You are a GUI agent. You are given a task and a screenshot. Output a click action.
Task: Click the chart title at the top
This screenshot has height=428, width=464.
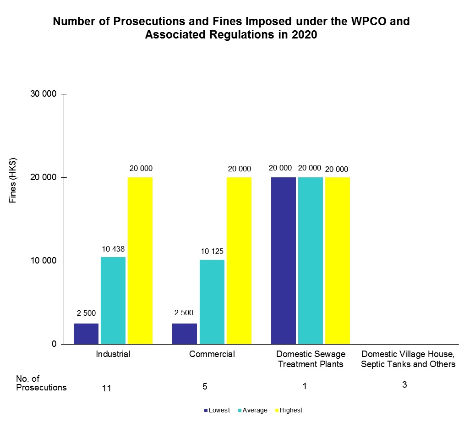pyautogui.click(x=231, y=28)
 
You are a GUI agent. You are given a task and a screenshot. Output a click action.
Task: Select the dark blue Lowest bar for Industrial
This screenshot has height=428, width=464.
pyautogui.click(x=86, y=334)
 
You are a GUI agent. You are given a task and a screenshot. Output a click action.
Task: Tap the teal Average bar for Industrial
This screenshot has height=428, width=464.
pyautogui.click(x=113, y=300)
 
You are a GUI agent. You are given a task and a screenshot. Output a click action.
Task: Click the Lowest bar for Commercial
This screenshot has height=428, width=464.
pyautogui.click(x=185, y=334)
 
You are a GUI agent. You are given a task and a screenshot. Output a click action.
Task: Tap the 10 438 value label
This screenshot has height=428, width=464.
pyautogui.click(x=113, y=249)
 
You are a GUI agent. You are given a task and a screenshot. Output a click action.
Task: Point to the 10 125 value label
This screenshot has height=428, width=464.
pyautogui.click(x=212, y=252)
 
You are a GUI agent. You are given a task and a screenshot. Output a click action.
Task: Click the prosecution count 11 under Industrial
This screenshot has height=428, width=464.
pyautogui.click(x=107, y=388)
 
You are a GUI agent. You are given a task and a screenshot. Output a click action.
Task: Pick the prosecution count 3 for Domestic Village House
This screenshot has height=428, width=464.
pyautogui.click(x=404, y=384)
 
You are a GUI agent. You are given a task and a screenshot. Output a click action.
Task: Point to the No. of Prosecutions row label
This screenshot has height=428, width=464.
pyautogui.click(x=41, y=383)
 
